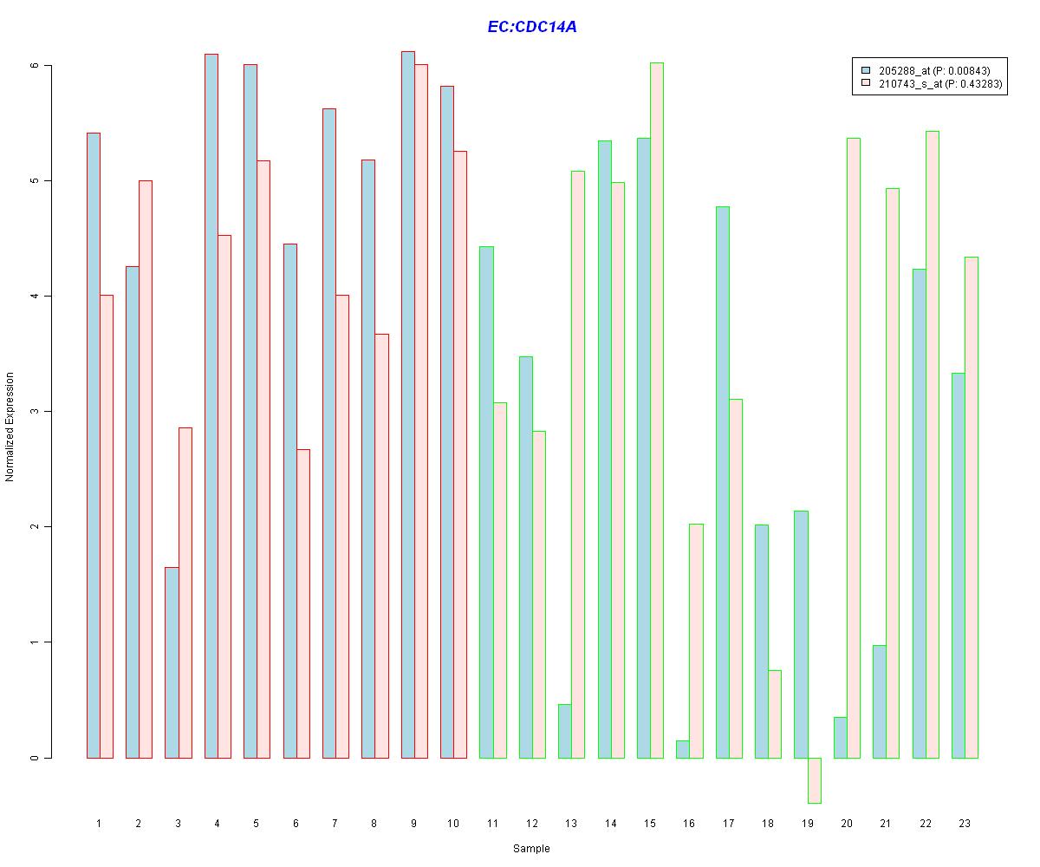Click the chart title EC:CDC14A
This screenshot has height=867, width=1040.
click(x=532, y=27)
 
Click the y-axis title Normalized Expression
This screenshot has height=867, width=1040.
click(x=10, y=427)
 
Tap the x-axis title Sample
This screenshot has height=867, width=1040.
click(x=531, y=848)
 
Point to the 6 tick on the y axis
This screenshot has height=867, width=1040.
click(x=43, y=66)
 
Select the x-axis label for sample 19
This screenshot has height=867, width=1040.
click(x=807, y=823)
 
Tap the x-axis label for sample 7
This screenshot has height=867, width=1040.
click(x=335, y=823)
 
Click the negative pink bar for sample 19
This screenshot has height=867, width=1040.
click(x=814, y=780)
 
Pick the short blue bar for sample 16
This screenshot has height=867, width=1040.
click(x=683, y=749)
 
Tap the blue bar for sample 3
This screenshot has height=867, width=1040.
click(x=172, y=662)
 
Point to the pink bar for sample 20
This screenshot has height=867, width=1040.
click(x=853, y=447)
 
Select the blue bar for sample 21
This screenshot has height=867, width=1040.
click(x=879, y=701)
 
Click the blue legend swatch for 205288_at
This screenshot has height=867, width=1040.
click(x=866, y=70)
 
